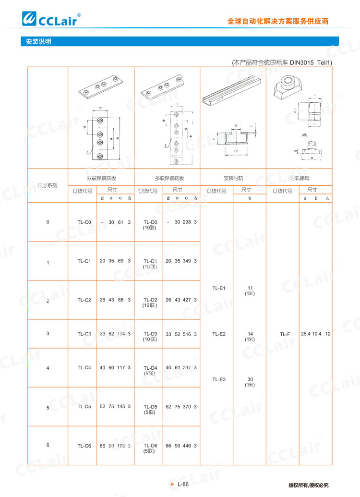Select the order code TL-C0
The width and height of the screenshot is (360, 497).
[x=84, y=222]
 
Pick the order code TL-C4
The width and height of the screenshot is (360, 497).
[x=84, y=368]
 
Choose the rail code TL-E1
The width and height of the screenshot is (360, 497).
[x=219, y=289]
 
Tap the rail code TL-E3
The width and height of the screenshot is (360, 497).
[x=219, y=379]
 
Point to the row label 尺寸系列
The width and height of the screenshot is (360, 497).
[x=48, y=185]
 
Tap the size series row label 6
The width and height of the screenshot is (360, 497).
[x=48, y=445]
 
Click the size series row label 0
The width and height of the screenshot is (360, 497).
[x=48, y=222]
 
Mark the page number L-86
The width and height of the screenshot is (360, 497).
[x=183, y=484]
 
